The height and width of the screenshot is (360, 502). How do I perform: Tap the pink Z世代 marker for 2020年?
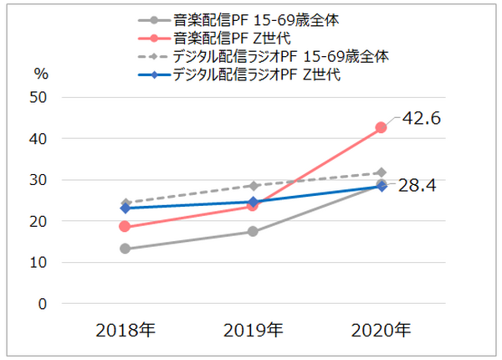click(x=381, y=127)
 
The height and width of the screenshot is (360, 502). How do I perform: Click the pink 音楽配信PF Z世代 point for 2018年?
click(x=125, y=227)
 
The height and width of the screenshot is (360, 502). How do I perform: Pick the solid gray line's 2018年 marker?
click(x=125, y=249)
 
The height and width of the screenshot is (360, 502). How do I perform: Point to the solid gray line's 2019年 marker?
click(x=253, y=231)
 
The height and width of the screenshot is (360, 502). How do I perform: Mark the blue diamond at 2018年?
click(x=125, y=208)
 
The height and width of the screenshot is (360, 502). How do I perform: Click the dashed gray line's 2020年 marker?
click(x=381, y=172)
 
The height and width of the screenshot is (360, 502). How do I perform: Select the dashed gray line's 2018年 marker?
click(x=125, y=203)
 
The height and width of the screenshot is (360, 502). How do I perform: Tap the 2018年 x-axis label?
click(x=125, y=330)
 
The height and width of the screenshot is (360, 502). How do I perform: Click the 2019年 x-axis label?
click(x=253, y=330)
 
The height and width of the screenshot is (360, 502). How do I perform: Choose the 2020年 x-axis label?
click(x=381, y=330)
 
